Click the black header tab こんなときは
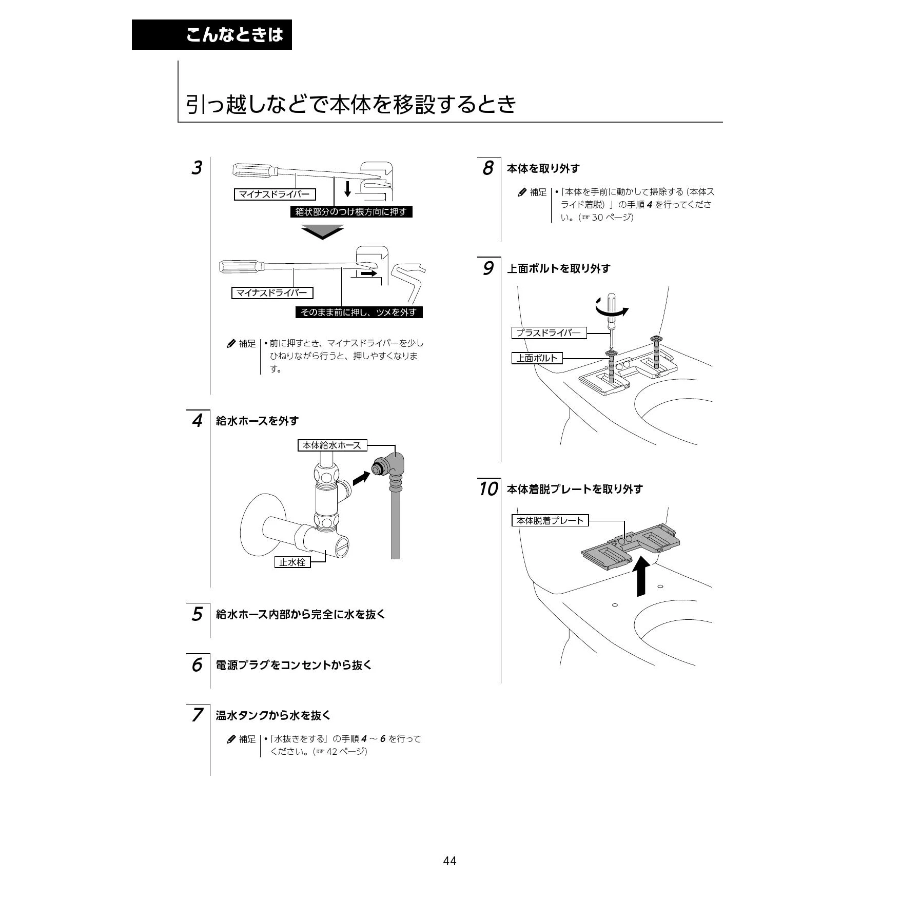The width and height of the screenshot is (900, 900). (x=211, y=34)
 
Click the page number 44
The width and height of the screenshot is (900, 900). (x=449, y=860)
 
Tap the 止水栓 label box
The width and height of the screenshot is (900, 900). (x=292, y=562)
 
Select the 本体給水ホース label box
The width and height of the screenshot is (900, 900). (x=332, y=445)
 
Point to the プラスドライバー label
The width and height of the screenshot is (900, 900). (x=549, y=332)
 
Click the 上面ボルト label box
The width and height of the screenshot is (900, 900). (x=537, y=358)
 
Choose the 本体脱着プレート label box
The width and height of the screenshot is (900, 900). (x=550, y=520)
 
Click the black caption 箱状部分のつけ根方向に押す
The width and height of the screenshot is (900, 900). (x=351, y=211)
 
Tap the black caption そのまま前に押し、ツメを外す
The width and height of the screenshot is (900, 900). (x=359, y=312)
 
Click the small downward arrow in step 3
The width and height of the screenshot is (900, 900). (x=347, y=188)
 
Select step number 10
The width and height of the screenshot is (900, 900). (x=488, y=489)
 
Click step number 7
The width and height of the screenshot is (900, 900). (x=197, y=715)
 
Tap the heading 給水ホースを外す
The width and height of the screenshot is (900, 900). (x=258, y=421)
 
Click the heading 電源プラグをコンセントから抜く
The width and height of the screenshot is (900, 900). (x=294, y=665)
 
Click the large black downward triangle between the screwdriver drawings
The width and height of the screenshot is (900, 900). (x=322, y=232)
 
